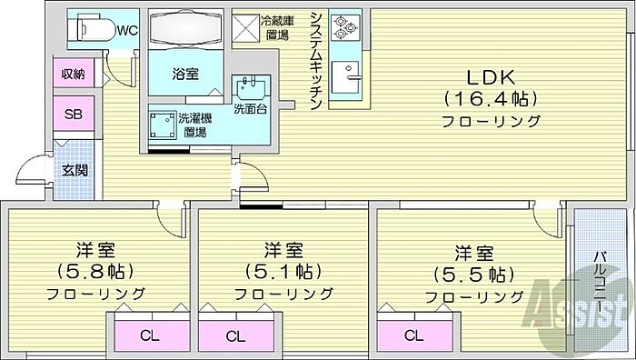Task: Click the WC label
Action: click(x=127, y=30)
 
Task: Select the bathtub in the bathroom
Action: click(x=186, y=28)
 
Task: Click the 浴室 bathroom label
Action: click(x=185, y=75)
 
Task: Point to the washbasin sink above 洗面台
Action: click(x=251, y=87)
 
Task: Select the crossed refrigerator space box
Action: click(x=245, y=28)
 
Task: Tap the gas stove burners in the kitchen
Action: click(x=345, y=27)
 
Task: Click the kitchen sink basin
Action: click(x=345, y=77)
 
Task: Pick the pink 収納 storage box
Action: click(x=74, y=74)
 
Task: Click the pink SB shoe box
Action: click(x=74, y=114)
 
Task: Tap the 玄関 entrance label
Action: click(x=75, y=171)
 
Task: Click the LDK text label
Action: click(x=491, y=77)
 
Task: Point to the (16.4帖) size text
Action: click(x=491, y=98)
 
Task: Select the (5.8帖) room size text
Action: click(x=95, y=271)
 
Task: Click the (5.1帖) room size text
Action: click(x=283, y=271)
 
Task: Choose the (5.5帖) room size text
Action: click(x=473, y=275)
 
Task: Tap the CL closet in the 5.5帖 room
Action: click(x=414, y=335)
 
